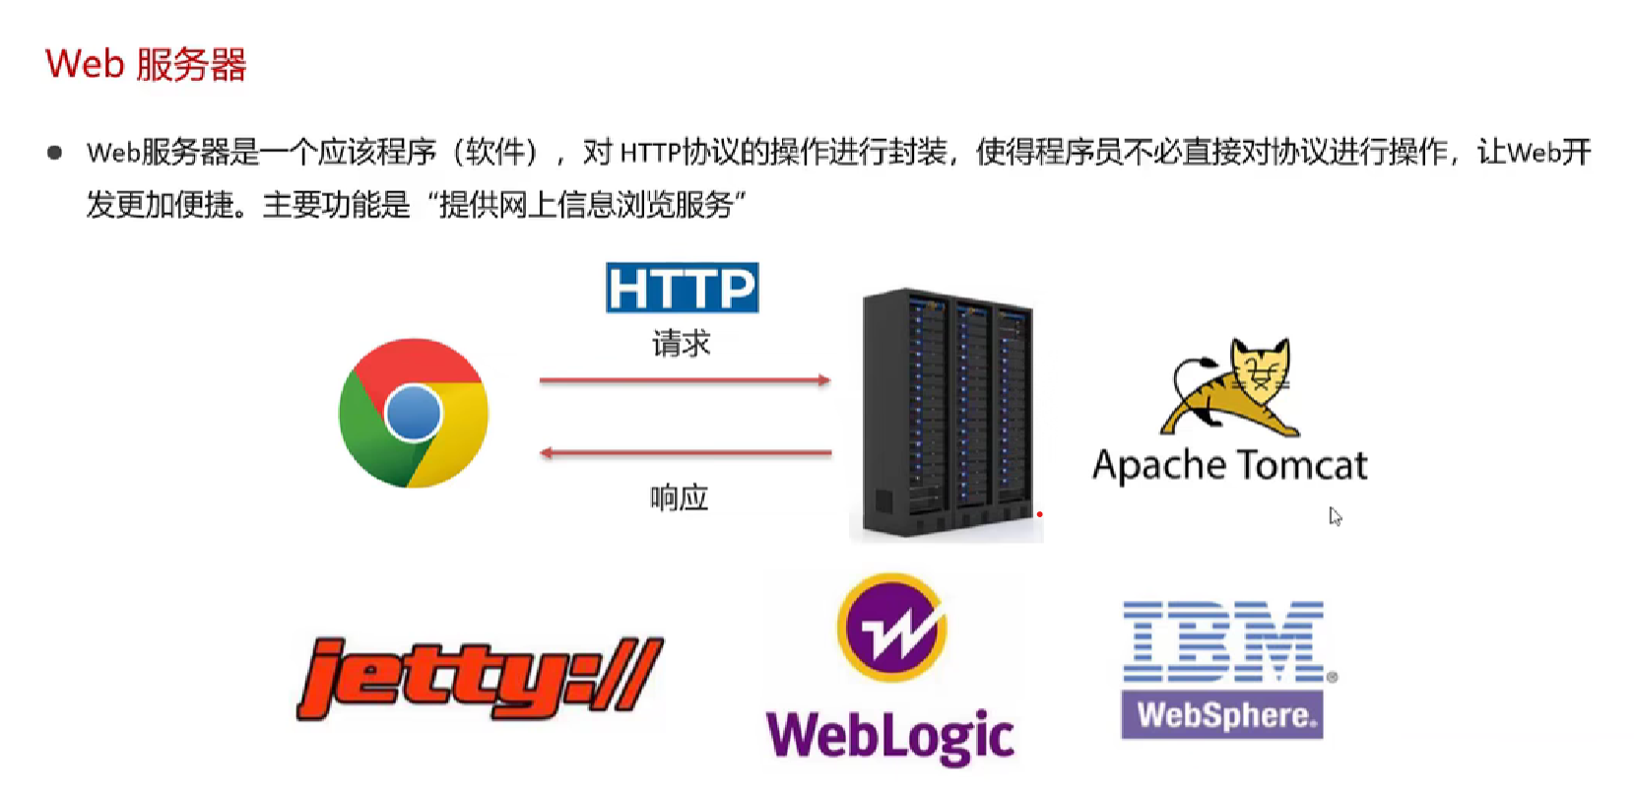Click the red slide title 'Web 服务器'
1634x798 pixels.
tap(146, 65)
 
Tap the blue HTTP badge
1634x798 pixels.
tap(682, 288)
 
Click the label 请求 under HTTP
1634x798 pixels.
tap(681, 343)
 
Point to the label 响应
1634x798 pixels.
tap(679, 498)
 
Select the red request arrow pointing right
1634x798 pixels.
tap(685, 380)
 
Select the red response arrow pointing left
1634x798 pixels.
tap(686, 453)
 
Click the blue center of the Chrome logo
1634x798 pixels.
tap(414, 413)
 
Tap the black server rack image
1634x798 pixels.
tap(946, 414)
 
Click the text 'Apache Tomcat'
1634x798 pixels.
tap(1229, 465)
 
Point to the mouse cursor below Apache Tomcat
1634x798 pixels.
tap(1335, 516)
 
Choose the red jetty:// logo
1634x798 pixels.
tap(480, 677)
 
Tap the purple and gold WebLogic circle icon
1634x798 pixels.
tap(891, 628)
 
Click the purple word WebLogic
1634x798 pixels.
tap(889, 736)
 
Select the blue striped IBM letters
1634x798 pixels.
tap(1223, 641)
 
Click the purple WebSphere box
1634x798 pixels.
tap(1222, 715)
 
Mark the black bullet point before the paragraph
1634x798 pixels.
tap(55, 153)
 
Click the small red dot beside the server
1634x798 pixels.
tap(1039, 514)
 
